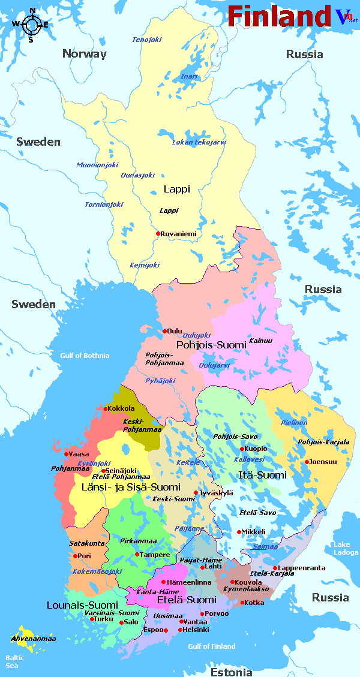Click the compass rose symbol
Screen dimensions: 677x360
pyautogui.click(x=31, y=25)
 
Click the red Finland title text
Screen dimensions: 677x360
pyautogui.click(x=279, y=16)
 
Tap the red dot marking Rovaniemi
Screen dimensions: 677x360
pyautogui.click(x=158, y=234)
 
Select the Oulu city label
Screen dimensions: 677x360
pyautogui.click(x=175, y=330)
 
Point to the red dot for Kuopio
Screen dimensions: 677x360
pyautogui.click(x=242, y=449)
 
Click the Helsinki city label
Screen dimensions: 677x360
pyautogui.click(x=197, y=630)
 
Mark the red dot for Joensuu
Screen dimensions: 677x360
pyautogui.click(x=307, y=462)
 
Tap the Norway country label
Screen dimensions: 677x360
pyautogui.click(x=84, y=54)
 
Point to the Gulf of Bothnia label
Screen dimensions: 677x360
pyautogui.click(x=85, y=356)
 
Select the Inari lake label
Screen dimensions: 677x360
pyautogui.click(x=189, y=76)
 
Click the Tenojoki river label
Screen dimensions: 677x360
pyautogui.click(x=147, y=40)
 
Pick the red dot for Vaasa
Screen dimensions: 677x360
pyautogui.click(x=67, y=454)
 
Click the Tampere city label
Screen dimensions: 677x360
pyautogui.click(x=155, y=555)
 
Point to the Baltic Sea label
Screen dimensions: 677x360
pyautogui.click(x=13, y=661)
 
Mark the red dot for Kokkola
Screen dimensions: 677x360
pyautogui.click(x=106, y=409)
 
